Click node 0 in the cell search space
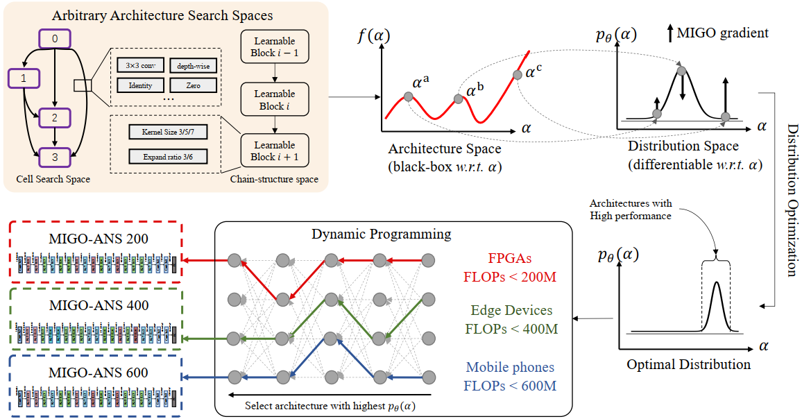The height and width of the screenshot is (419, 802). point(54,40)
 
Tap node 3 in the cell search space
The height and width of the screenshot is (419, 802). point(54,157)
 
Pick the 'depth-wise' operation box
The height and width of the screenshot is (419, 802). point(194,66)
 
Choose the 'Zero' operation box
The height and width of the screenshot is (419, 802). point(194,85)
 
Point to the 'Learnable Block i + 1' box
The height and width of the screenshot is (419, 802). point(274,151)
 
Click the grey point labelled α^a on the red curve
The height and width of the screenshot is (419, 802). point(408,97)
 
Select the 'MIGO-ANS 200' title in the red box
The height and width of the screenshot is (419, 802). point(99,239)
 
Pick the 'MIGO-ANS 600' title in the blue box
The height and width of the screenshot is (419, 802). point(99,373)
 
